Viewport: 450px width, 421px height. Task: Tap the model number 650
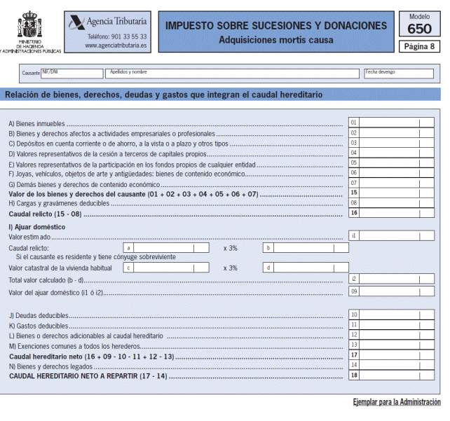[419, 29]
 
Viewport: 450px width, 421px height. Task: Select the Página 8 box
[419, 47]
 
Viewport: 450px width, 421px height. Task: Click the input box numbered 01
[397, 123]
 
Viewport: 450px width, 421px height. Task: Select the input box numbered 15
[397, 193]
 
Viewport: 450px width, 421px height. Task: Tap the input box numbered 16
[397, 213]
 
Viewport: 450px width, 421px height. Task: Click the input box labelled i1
[397, 236]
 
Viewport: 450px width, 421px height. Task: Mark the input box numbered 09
[397, 291]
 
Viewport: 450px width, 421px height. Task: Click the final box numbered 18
[397, 375]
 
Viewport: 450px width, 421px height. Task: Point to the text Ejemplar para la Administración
[397, 402]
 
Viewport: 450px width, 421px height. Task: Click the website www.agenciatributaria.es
[116, 46]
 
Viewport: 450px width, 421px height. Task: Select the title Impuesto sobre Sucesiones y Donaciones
[275, 26]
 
